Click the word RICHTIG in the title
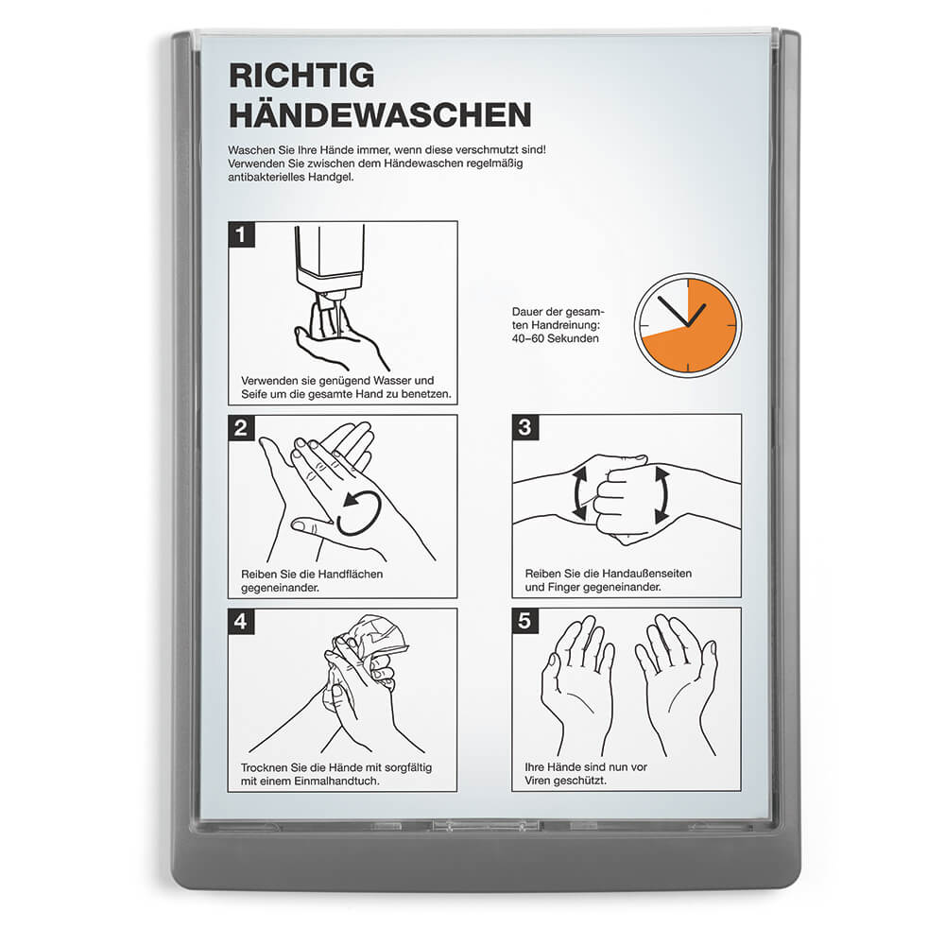pos(302,76)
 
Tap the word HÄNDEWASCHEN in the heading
pos(380,114)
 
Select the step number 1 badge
pos(241,234)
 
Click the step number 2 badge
pos(241,428)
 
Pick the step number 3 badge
pos(524,427)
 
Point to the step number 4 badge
pos(241,622)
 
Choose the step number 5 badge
pos(524,621)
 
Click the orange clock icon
pos(688,325)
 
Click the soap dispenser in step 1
pos(329,266)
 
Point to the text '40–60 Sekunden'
pos(555,338)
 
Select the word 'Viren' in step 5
pos(538,781)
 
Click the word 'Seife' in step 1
pos(253,395)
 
